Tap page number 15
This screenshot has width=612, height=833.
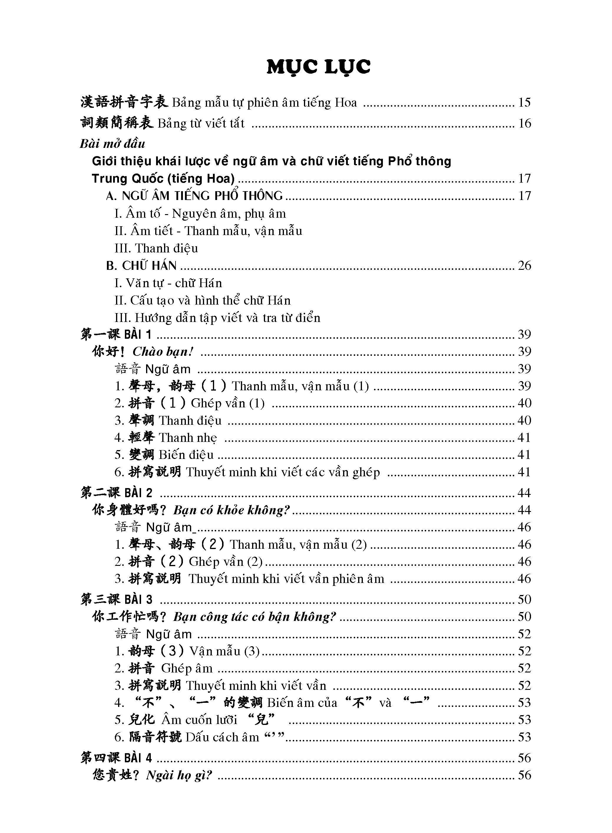524,102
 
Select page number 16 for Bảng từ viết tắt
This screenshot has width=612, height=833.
524,123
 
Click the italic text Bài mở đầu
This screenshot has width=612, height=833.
112,143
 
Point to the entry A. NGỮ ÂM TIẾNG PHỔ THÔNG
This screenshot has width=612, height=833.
194,196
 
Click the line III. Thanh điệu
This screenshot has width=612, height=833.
156,248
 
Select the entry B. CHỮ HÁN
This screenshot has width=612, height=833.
141,265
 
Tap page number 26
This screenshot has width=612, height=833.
524,265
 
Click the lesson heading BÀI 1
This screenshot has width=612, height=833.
138,334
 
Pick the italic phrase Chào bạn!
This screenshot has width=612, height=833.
163,351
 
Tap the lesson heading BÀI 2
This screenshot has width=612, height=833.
138,493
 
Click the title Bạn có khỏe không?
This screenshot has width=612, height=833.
231,510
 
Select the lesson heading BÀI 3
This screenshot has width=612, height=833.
138,599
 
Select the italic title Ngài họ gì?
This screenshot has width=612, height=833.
179,775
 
